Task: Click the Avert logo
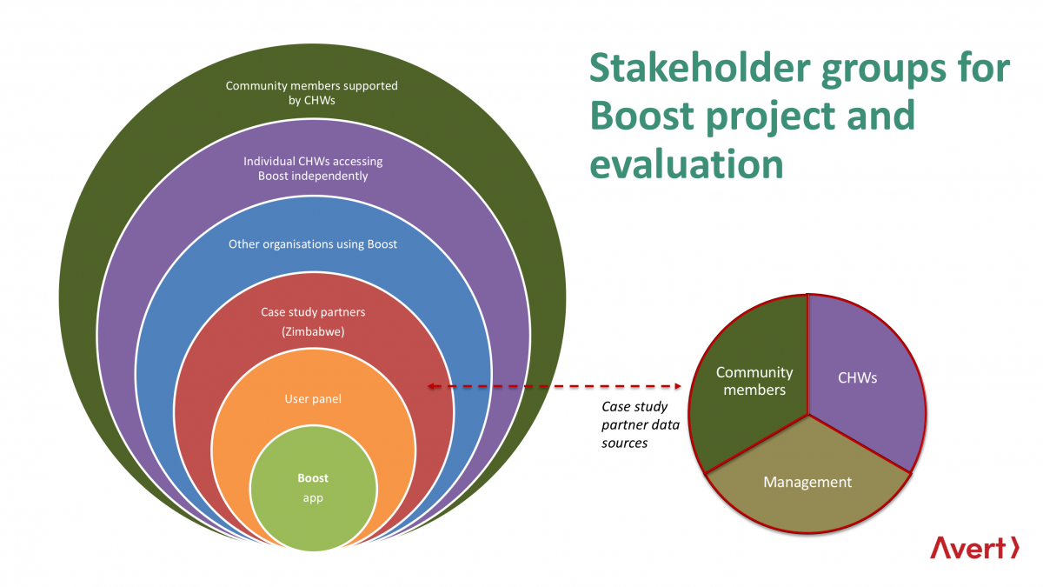click(x=974, y=548)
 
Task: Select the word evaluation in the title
click(x=687, y=164)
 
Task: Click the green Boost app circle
click(x=313, y=488)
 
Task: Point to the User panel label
click(x=313, y=399)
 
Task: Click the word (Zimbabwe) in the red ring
click(x=313, y=331)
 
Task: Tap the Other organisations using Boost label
click(x=313, y=244)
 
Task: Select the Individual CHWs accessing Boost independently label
click(x=313, y=168)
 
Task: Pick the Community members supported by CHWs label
click(x=311, y=93)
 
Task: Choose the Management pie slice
click(x=807, y=484)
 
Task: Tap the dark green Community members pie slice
click(x=749, y=382)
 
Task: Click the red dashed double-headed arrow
click(x=555, y=386)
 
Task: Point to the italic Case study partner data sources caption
click(x=641, y=424)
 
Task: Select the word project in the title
click(x=772, y=118)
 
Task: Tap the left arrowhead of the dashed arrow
click(x=431, y=386)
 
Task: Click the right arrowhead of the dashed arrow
click(x=678, y=386)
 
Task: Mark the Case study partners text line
click(x=313, y=312)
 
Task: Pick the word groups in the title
click(x=883, y=70)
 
